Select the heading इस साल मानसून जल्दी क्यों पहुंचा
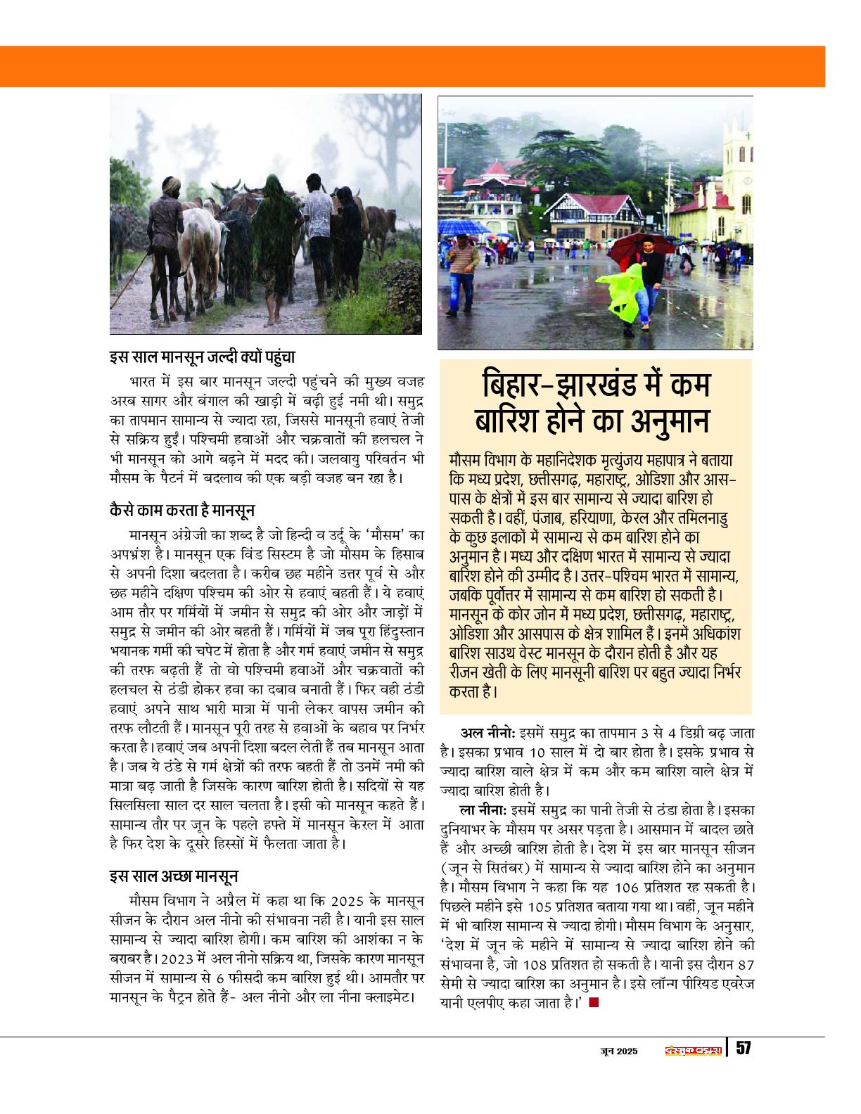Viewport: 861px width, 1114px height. click(x=203, y=357)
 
